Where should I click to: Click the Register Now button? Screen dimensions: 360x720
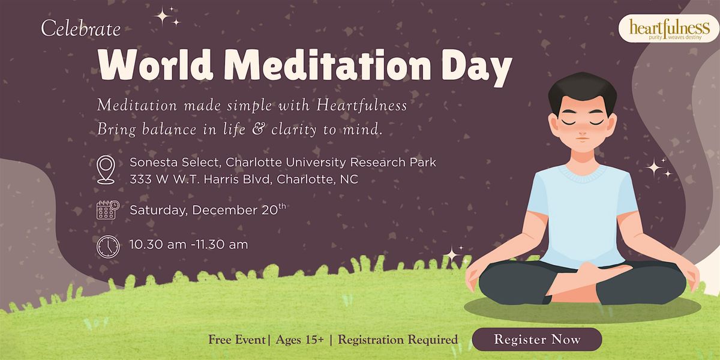pos(537,340)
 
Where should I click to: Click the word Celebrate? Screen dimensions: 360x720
pos(81,29)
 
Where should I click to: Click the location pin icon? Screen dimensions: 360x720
pos(106,169)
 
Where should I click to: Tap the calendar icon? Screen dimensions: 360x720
pos(107,210)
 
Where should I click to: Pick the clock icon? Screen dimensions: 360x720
pos(107,246)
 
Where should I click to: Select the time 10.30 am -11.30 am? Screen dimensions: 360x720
pos(188,245)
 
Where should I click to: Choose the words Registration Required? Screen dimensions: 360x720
pos(398,340)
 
